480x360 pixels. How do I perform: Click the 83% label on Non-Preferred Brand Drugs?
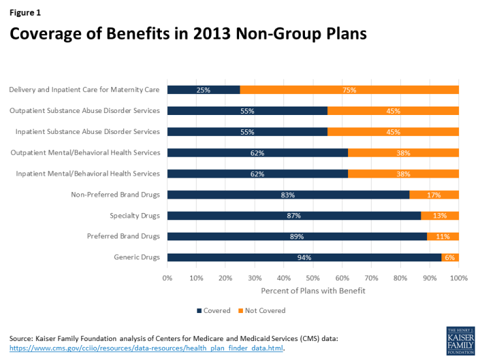coord(288,195)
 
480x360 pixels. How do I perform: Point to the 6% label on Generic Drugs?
coord(450,257)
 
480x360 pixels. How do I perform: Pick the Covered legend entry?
coord(214,310)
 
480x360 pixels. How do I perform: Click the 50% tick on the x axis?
coord(313,278)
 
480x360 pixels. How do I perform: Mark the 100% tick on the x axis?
coord(458,278)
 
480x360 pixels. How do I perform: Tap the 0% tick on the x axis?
coord(167,278)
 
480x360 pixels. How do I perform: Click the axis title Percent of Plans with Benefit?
coord(313,289)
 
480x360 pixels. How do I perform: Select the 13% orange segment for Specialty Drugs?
coord(440,216)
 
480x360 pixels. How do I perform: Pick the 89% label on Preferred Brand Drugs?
coord(297,237)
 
